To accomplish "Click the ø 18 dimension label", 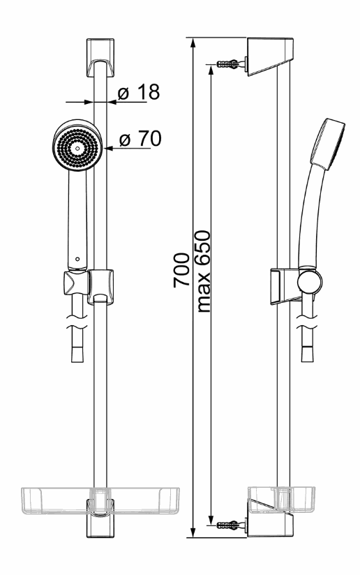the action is [139, 92].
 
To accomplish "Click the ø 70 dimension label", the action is [140, 139].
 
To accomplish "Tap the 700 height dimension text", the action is [181, 269].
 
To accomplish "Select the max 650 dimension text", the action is [204, 271].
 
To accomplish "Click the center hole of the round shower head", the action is [77, 148].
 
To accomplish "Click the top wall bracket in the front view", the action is [100, 58].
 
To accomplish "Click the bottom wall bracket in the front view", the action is [100, 518].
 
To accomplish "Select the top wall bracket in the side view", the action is [270, 56].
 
